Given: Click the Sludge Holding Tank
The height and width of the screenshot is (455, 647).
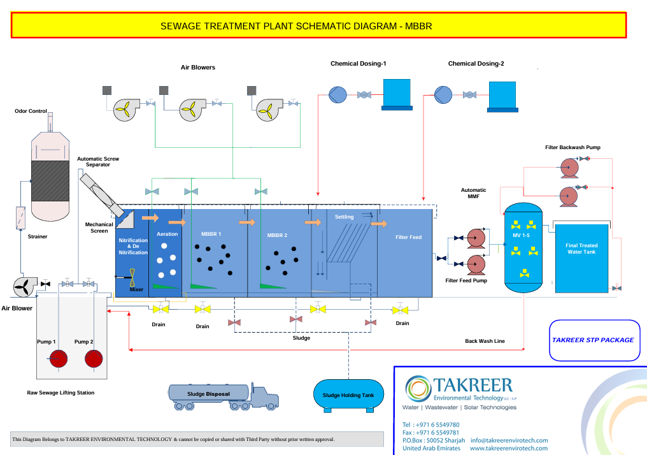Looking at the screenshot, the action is [349, 396].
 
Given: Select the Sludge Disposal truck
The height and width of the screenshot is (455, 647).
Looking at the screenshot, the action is [224, 396].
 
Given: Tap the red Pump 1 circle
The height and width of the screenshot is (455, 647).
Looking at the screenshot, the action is [59, 358].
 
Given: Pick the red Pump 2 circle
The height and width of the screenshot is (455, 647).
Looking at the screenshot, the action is [94, 358].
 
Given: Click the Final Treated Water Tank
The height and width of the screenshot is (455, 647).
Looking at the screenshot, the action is [581, 258].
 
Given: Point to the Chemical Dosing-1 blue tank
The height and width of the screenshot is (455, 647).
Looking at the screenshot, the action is [397, 95].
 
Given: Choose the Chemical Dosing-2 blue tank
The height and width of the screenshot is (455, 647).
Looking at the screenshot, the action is [502, 97].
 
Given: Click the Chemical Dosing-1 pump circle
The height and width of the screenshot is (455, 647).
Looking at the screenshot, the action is [338, 94].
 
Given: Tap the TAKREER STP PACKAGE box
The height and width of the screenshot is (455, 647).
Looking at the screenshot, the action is [595, 340].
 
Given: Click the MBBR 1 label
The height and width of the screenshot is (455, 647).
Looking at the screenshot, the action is [211, 234].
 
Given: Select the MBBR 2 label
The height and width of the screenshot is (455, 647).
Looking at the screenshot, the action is [277, 235].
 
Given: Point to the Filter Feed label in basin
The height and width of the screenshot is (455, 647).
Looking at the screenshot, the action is [408, 237].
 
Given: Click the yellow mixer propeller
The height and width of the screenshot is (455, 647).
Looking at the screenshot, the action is [132, 277].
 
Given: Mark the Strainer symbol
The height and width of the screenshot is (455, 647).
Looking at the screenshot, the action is [20, 218].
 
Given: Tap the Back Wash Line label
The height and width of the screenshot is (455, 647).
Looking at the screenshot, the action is [485, 341].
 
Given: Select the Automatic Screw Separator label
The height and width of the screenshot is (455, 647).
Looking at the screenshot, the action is [98, 161].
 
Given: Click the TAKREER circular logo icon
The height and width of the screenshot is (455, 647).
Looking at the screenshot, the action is [418, 389].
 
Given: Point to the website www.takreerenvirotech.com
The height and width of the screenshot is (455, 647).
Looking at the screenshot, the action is [509, 449].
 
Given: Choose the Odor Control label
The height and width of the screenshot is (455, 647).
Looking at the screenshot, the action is [31, 111].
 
